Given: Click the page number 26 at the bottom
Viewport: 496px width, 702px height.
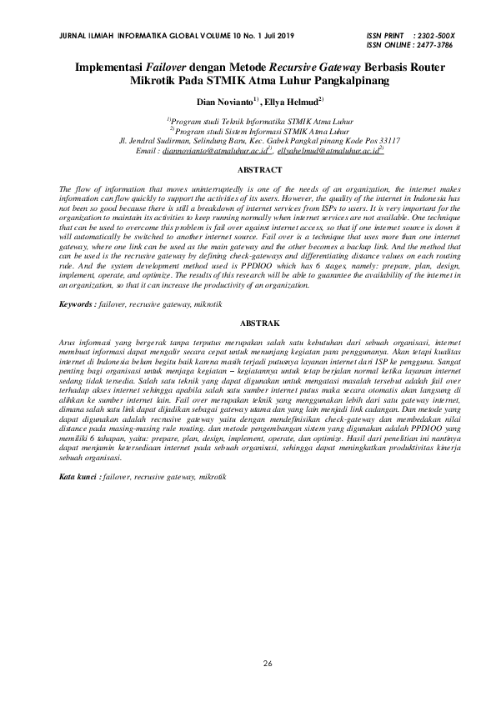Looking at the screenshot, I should point(268,663).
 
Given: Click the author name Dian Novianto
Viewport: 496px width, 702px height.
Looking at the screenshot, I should point(224,102).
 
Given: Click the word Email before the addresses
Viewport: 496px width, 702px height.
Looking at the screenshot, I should point(145,152).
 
